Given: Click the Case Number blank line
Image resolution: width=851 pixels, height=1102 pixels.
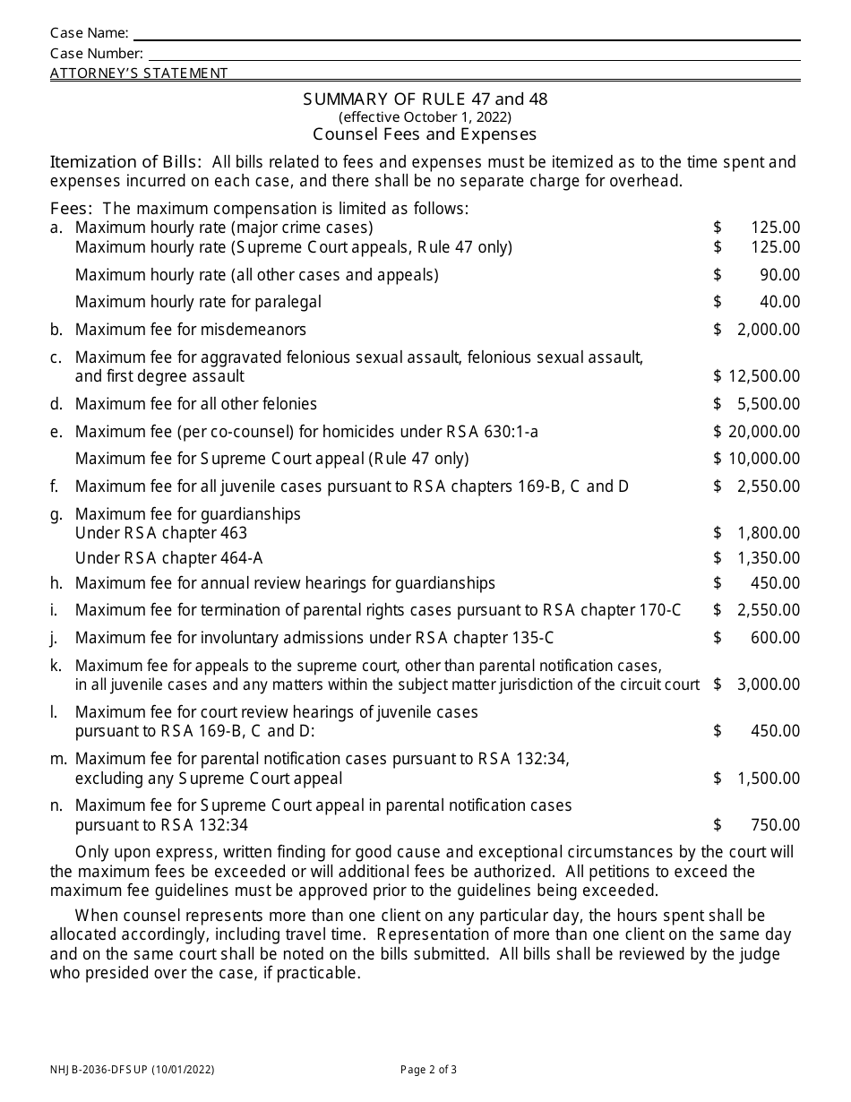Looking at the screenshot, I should (473, 54).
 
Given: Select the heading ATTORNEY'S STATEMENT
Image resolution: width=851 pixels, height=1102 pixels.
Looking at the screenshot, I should (139, 73).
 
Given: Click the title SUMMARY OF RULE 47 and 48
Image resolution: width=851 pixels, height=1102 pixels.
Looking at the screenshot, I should (425, 99).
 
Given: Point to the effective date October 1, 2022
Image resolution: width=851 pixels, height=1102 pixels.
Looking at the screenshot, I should (425, 116).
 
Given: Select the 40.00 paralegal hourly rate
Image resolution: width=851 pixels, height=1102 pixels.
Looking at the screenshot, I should (777, 302).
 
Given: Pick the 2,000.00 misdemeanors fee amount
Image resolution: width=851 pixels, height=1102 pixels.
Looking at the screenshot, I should (769, 330).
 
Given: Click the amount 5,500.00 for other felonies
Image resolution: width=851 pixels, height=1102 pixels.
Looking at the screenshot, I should (769, 404).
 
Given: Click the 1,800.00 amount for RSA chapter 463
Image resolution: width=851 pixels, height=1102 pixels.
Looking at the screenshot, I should (769, 533).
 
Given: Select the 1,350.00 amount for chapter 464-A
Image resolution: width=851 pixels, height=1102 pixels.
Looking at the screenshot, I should (769, 558).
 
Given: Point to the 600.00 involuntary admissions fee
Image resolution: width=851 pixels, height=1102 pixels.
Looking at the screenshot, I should (777, 638).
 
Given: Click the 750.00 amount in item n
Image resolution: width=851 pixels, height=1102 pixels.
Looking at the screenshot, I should (777, 825).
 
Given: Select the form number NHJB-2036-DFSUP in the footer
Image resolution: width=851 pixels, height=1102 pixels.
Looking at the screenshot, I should (105, 1069).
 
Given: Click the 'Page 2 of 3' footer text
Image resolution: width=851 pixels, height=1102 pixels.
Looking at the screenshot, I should (428, 1069).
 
